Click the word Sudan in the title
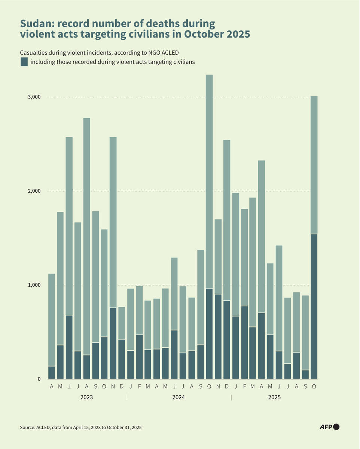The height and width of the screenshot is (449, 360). [x=36, y=24]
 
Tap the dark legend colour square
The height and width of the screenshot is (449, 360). [x=24, y=62]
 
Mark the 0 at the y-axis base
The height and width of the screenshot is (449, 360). [x=39, y=379]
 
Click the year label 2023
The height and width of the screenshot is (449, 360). [x=86, y=397]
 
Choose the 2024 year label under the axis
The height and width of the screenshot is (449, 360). [x=179, y=397]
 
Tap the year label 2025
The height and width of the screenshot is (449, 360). [x=274, y=397]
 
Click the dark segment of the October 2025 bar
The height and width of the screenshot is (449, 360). [x=314, y=307]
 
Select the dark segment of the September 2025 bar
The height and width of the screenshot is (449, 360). [x=305, y=375]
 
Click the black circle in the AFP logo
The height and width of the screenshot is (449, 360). [x=336, y=427]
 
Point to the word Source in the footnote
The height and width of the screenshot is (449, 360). [x=28, y=427]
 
